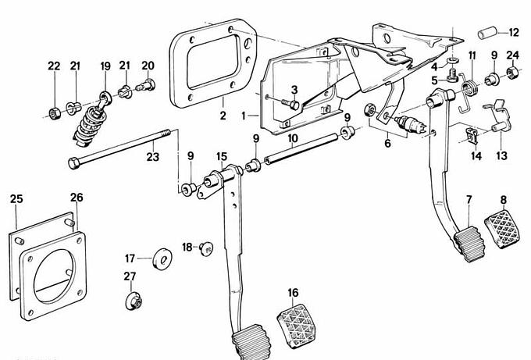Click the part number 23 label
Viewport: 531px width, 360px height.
tap(153, 157)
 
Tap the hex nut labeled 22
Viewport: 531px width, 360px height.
tap(54, 113)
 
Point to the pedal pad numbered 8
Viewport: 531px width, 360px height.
tap(502, 230)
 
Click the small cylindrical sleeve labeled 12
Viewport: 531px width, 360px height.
tap(487, 33)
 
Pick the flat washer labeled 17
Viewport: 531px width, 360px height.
tap(162, 259)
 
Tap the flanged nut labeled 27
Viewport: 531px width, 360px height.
tap(134, 301)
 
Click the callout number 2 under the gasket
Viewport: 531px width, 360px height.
tap(223, 116)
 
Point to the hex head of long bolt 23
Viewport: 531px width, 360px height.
tap(74, 163)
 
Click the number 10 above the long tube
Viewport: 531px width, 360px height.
tap(293, 138)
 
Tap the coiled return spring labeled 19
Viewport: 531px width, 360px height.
tap(91, 125)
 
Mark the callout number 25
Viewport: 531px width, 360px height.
tap(16, 199)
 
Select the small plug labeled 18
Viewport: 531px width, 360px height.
tap(206, 249)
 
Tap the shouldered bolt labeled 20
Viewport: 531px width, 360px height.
tap(146, 85)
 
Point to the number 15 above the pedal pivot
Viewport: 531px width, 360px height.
tap(222, 156)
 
